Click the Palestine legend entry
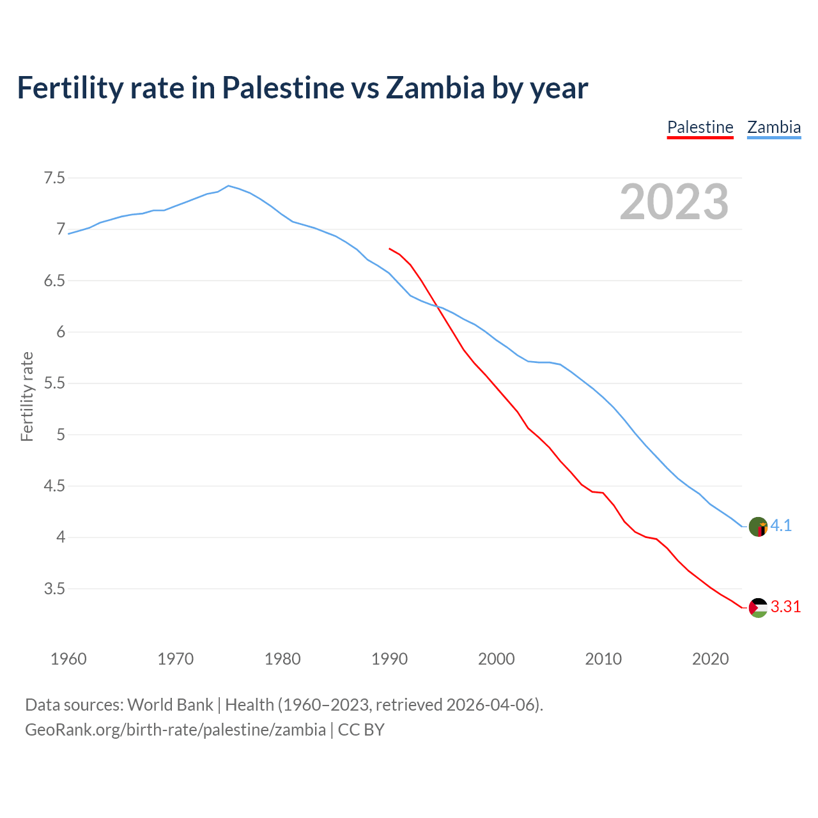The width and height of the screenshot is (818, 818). pos(700,127)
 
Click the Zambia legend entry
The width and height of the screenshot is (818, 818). pos(774,127)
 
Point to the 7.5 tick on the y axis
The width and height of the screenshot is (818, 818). pos(54,178)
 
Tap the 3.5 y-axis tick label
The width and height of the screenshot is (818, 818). pos(54,589)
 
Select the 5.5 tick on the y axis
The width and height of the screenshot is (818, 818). pos(54,383)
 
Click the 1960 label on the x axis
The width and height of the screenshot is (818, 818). pos(68,659)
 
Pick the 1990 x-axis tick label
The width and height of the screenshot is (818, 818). pos(389,659)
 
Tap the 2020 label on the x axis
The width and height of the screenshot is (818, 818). pos(710,659)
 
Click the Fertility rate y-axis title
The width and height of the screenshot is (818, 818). pos(27,396)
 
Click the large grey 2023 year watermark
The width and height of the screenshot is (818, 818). pos(674,202)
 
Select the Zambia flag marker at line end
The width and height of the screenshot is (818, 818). pos(758,527)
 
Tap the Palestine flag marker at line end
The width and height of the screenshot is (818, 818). pos(758,607)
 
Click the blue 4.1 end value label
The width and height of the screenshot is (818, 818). pos(781,526)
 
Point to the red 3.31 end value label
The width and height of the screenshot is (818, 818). pos(785,607)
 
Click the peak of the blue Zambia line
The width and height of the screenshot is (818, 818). pos(229,185)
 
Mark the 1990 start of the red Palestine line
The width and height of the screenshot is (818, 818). pos(389,249)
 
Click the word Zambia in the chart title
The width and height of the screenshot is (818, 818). pos(435,88)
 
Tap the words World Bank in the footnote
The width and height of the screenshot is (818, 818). pos(170,705)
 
